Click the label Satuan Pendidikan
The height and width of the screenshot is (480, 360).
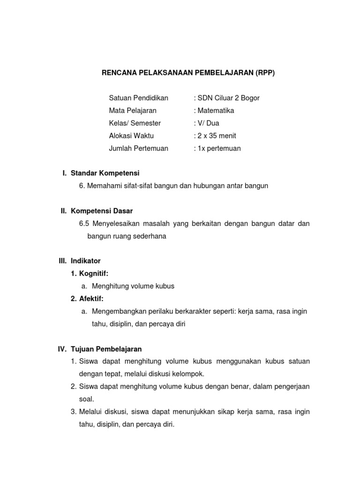click(138, 98)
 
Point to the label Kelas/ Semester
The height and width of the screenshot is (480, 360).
click(135, 123)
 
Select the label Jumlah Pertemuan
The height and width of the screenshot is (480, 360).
click(138, 149)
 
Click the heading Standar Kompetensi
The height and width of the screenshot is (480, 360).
click(105, 173)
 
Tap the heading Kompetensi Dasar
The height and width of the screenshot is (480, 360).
click(102, 211)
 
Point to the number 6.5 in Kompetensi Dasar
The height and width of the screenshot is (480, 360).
click(84, 224)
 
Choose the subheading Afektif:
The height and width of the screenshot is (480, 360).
click(91, 299)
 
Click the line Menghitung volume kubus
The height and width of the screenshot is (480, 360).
click(133, 286)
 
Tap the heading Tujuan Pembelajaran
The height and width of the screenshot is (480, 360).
click(106, 349)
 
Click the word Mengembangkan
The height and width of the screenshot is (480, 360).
click(118, 311)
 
